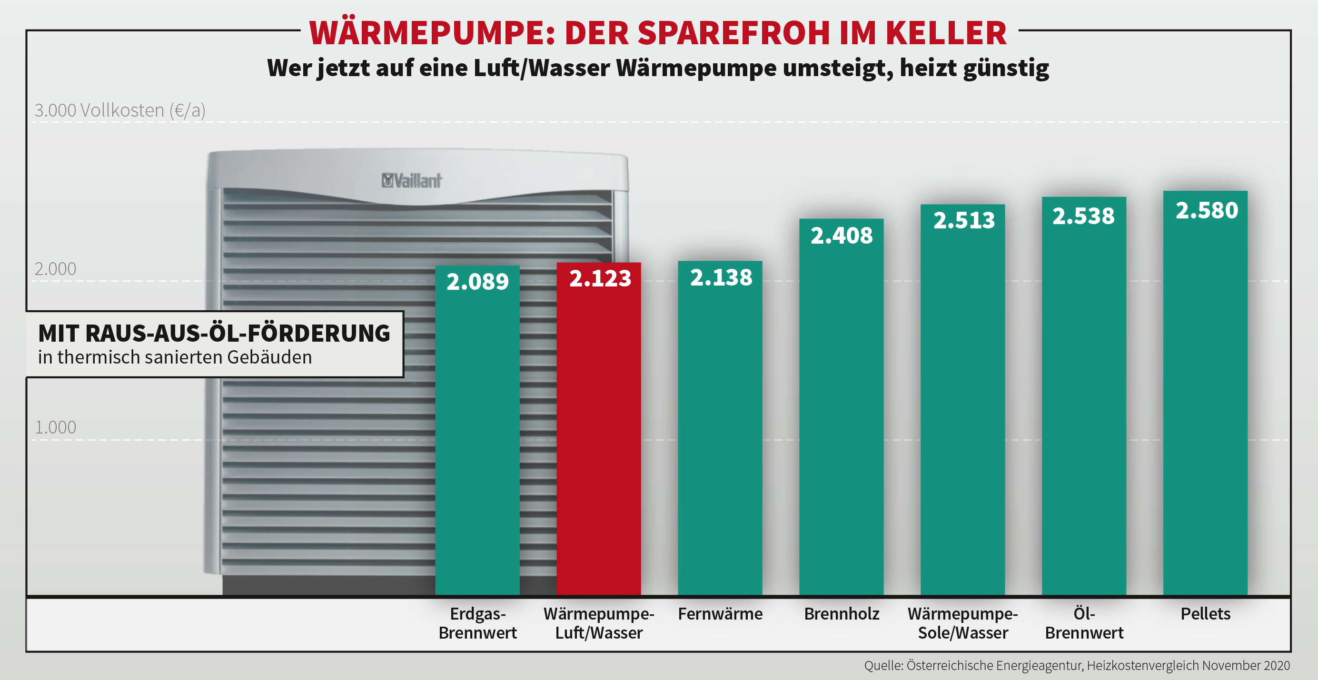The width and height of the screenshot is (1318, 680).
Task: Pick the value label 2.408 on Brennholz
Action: click(x=841, y=236)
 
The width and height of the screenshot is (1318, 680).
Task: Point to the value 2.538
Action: click(x=1083, y=216)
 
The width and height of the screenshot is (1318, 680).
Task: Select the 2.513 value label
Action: click(x=963, y=220)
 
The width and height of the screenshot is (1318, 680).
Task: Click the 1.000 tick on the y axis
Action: click(x=55, y=427)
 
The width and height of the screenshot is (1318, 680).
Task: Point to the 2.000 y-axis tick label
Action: click(x=55, y=269)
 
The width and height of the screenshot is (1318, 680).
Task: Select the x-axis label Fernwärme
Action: click(x=720, y=613)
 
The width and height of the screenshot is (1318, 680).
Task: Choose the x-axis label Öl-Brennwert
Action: click(x=1084, y=623)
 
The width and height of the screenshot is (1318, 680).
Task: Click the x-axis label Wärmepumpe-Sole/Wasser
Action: click(x=962, y=623)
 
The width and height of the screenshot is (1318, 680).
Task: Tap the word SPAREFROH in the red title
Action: click(x=733, y=33)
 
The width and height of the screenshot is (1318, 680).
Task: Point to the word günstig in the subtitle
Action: click(x=1005, y=69)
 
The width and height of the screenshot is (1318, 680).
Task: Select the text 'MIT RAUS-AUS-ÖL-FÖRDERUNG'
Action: click(x=214, y=333)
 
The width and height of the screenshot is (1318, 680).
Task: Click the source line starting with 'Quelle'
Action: click(x=1077, y=665)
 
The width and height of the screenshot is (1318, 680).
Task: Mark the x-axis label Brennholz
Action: click(x=841, y=613)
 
